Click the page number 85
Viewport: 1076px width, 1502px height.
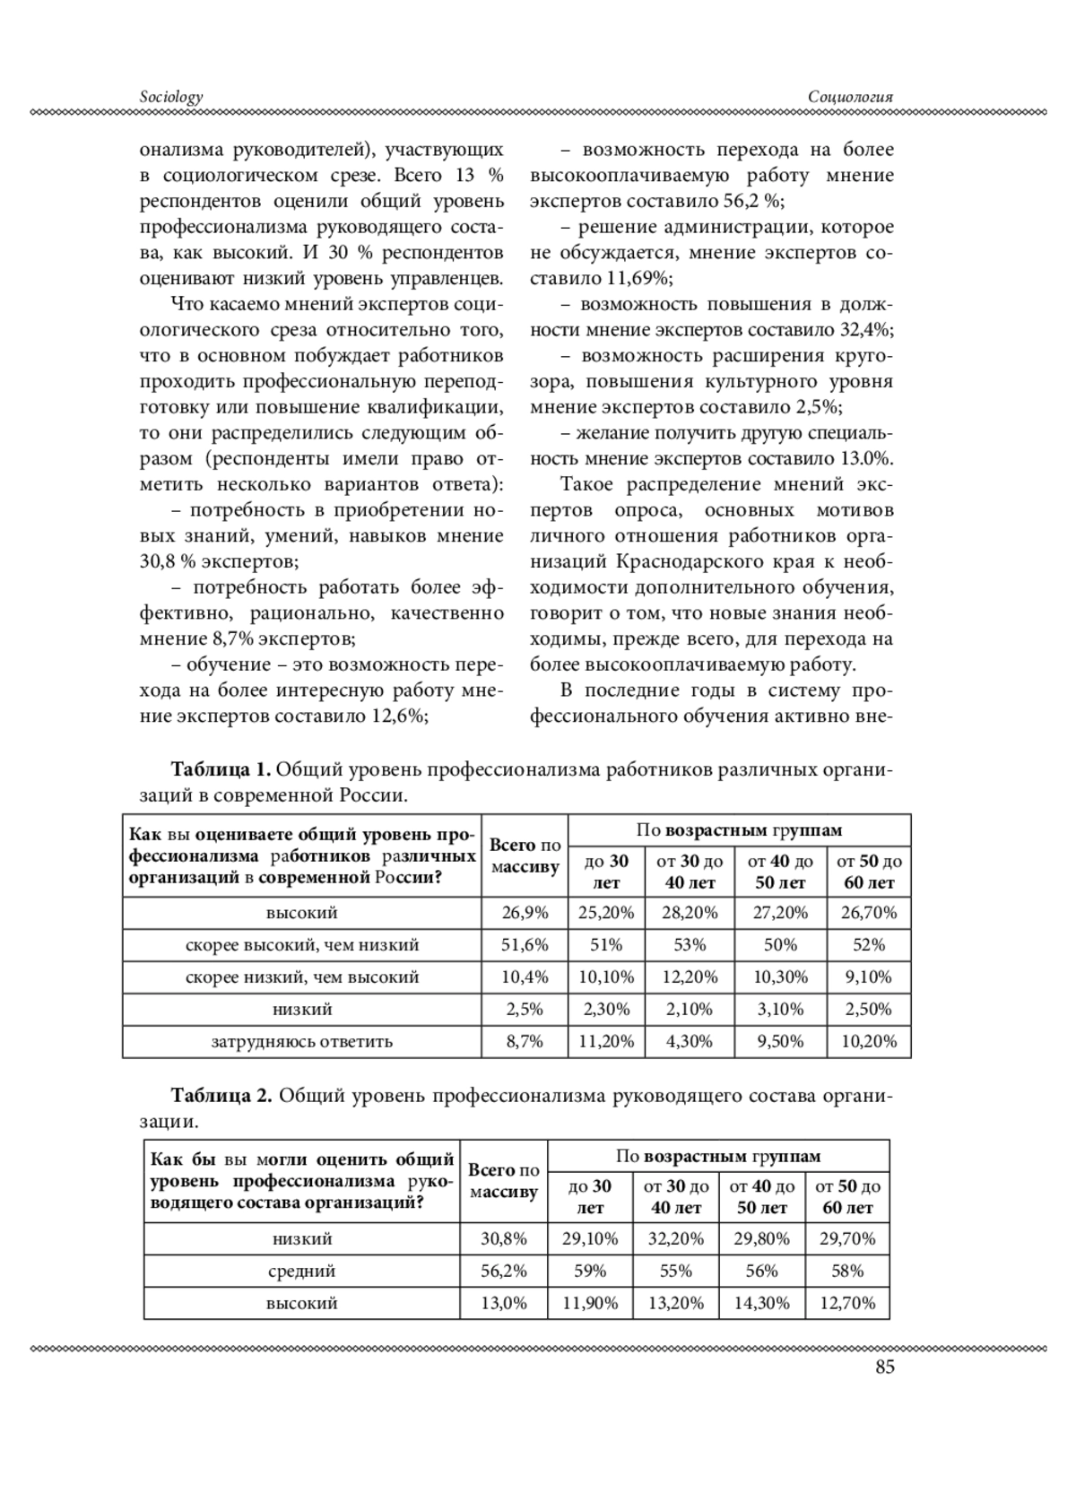[884, 1367]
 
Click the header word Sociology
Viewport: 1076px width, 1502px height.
[171, 97]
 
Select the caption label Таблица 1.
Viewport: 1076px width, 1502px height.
[221, 770]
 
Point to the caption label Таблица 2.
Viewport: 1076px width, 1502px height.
[221, 1096]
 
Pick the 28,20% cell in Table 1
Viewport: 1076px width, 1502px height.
[689, 913]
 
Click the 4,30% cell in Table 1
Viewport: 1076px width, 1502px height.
[689, 1041]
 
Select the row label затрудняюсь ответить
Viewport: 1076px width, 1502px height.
[301, 1041]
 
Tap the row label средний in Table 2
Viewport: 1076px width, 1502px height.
[301, 1271]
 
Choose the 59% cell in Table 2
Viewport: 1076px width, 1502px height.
[590, 1271]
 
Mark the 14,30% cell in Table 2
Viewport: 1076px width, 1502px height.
[762, 1303]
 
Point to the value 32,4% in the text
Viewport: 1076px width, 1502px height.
[866, 329]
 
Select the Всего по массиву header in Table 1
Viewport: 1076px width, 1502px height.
[525, 855]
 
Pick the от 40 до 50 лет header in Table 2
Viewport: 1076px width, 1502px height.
[762, 1196]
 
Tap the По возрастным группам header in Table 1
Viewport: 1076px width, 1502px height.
[739, 830]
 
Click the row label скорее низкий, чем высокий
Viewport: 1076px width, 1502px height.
[301, 977]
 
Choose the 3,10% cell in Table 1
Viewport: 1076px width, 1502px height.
[779, 1009]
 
